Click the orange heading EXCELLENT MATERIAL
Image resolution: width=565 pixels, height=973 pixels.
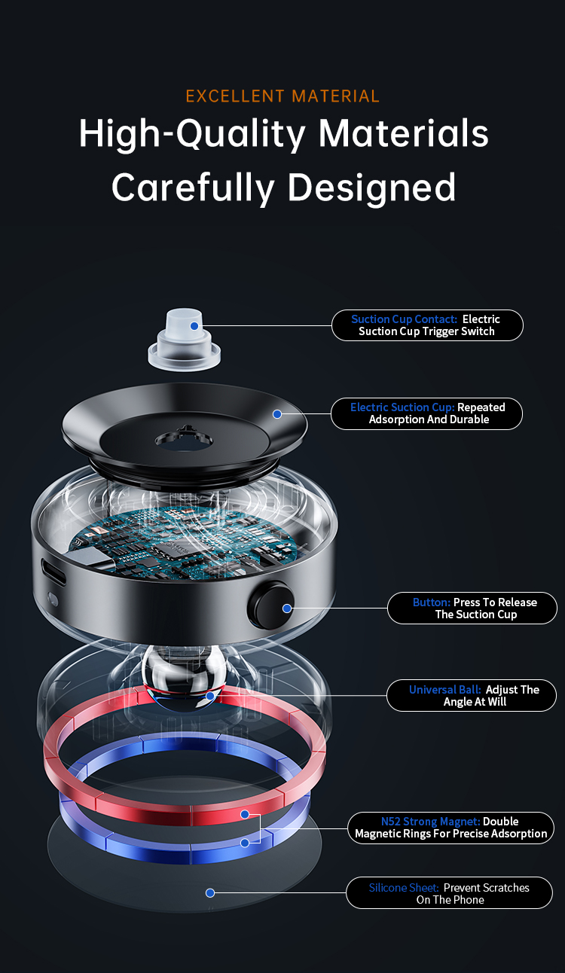(x=282, y=96)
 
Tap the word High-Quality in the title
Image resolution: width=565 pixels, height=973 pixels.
(x=191, y=134)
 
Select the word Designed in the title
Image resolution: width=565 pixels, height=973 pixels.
(x=371, y=188)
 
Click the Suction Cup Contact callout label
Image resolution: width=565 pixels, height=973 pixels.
(x=427, y=325)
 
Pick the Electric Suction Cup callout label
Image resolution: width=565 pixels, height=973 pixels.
(x=427, y=413)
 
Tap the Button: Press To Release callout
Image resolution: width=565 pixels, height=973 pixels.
(x=472, y=609)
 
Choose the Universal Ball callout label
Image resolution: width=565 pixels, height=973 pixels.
(x=472, y=695)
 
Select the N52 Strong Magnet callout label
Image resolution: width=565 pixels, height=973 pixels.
(x=451, y=828)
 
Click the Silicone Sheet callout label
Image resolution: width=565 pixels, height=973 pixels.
(x=450, y=893)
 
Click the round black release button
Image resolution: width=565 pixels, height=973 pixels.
(x=270, y=605)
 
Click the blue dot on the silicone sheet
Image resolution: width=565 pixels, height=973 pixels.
(x=210, y=893)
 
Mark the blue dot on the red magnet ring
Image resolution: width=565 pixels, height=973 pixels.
(x=245, y=814)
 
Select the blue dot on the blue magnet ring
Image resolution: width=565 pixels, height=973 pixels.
(x=245, y=843)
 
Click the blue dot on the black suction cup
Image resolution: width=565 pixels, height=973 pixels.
(x=277, y=414)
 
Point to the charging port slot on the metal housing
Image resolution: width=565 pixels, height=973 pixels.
(x=53, y=571)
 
